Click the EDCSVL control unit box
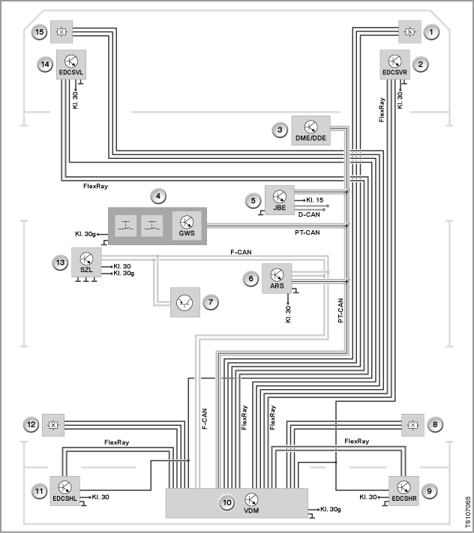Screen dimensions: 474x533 click(x=71, y=64)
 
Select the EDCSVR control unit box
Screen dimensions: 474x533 click(x=394, y=64)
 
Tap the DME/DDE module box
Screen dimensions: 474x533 click(x=310, y=130)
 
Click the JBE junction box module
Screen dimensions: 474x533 click(x=280, y=200)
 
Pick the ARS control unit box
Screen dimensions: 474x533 click(x=277, y=278)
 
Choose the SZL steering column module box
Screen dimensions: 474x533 click(x=86, y=262)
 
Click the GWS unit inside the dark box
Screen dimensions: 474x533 click(x=187, y=226)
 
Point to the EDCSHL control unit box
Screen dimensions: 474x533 click(x=65, y=491)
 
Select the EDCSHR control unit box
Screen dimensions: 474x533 click(x=403, y=491)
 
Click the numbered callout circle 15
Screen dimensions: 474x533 click(x=40, y=32)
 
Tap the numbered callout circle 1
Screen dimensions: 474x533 click(x=431, y=32)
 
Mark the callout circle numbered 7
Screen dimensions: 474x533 click(x=211, y=302)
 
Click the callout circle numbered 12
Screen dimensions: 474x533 click(x=31, y=424)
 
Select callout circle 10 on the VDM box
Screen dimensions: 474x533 click(x=227, y=503)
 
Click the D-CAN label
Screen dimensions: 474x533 click(x=309, y=215)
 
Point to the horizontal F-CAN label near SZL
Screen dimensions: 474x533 click(x=241, y=252)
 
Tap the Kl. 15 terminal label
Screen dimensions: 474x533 click(x=314, y=200)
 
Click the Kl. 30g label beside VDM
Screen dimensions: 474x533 click(x=331, y=509)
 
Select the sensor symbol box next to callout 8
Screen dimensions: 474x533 click(x=412, y=425)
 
